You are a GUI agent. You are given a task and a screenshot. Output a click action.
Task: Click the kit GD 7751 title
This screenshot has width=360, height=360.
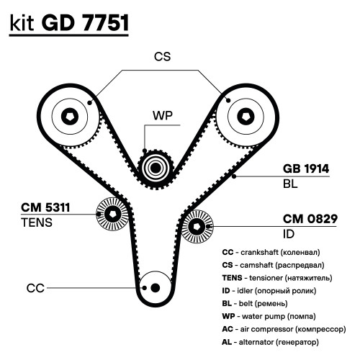(x=69, y=23)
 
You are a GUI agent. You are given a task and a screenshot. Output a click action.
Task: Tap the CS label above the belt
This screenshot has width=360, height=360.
(x=163, y=57)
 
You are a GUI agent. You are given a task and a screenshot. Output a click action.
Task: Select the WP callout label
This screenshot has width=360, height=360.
(x=163, y=115)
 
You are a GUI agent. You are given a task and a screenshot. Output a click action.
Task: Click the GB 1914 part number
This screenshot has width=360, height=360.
(x=306, y=168)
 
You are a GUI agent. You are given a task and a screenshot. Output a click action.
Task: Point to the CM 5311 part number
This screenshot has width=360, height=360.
(x=45, y=207)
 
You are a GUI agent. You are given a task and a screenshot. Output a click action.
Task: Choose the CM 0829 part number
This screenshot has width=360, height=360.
(x=310, y=219)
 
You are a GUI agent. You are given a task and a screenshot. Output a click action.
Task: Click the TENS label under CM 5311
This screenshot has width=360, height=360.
(x=37, y=222)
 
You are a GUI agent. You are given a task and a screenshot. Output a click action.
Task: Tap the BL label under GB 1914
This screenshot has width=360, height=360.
(x=290, y=184)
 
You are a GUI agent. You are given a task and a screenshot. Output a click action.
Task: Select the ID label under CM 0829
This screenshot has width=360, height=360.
(x=289, y=234)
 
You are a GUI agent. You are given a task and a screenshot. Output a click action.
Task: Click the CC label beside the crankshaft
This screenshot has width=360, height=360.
(x=35, y=288)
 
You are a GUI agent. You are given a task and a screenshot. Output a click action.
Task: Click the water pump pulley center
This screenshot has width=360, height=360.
(x=156, y=168)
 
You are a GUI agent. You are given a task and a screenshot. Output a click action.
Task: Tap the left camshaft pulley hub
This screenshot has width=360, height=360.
(x=70, y=117)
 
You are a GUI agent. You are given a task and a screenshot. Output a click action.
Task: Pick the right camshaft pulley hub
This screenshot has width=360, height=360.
(x=246, y=117)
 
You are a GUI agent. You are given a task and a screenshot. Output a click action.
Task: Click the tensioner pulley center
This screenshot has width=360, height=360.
(x=112, y=214)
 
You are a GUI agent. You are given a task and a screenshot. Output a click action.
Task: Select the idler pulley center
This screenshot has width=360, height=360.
(x=197, y=227)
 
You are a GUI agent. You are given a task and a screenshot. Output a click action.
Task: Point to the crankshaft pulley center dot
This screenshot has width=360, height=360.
(x=156, y=287)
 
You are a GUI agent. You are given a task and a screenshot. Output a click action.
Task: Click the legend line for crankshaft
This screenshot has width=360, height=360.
(x=271, y=252)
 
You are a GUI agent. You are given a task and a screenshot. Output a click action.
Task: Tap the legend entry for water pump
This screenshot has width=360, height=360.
(x=269, y=316)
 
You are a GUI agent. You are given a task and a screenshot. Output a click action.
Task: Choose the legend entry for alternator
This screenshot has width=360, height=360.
(x=271, y=342)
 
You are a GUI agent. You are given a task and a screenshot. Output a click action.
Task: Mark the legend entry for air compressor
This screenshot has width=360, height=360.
(x=284, y=329)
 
